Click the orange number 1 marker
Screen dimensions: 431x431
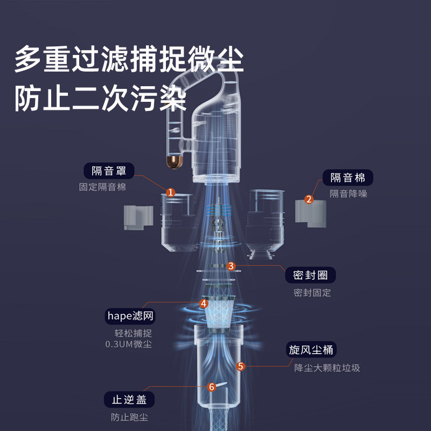(x=170, y=192)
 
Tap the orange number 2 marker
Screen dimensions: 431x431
(x=309, y=199)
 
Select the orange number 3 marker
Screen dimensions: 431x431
(x=231, y=266)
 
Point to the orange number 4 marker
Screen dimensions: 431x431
(x=204, y=303)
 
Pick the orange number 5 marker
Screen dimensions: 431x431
(x=240, y=366)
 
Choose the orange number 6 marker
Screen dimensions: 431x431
(x=211, y=387)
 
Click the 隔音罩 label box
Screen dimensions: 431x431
(x=109, y=171)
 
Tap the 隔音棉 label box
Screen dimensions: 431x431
(x=347, y=178)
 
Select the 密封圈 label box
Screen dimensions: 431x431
(x=310, y=275)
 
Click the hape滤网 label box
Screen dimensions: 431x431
(x=130, y=316)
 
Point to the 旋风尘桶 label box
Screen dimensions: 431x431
(x=311, y=350)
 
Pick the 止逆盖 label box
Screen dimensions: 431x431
(x=129, y=399)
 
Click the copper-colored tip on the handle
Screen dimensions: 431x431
(x=175, y=162)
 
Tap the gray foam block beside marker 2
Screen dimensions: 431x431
(x=311, y=213)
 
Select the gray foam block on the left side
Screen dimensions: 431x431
(x=138, y=218)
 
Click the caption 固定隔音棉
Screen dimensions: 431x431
(x=102, y=187)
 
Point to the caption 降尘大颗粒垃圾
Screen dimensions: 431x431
(x=327, y=368)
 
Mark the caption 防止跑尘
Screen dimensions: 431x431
(x=129, y=417)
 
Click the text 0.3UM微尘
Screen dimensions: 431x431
(x=129, y=344)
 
